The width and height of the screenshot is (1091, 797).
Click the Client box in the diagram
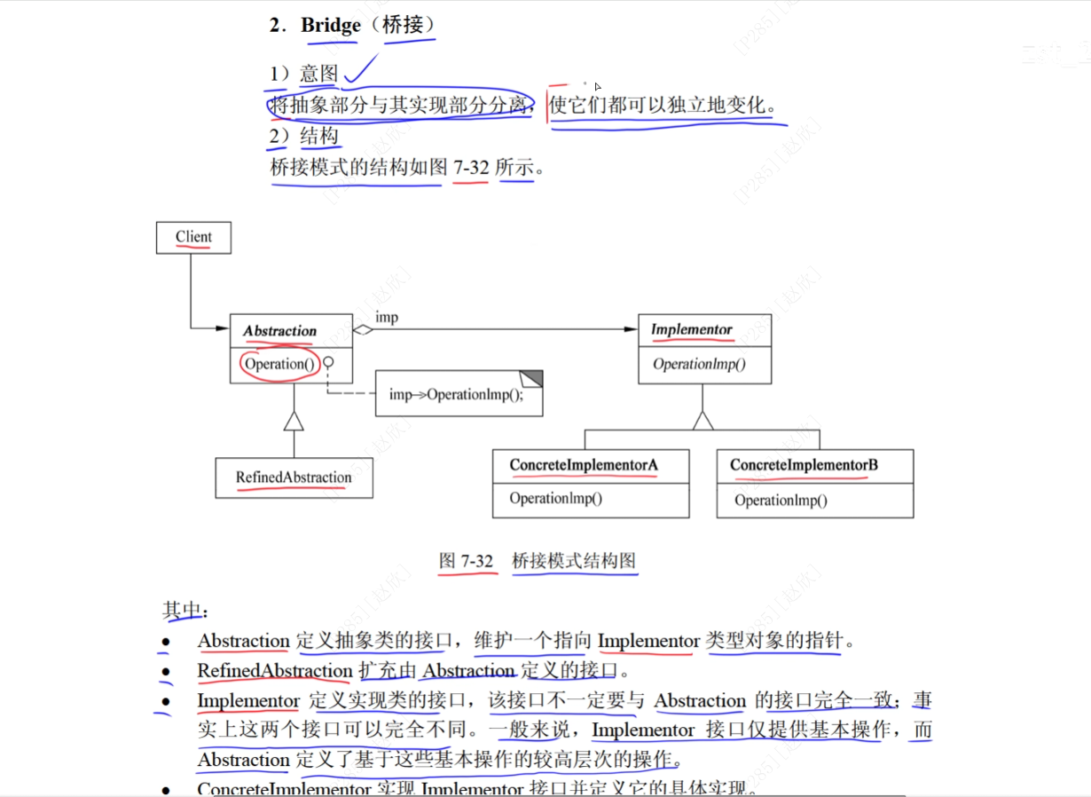(193, 237)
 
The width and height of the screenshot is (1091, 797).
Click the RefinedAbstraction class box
(294, 477)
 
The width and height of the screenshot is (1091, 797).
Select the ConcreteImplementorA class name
(583, 465)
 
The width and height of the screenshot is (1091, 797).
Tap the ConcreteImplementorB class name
(804, 465)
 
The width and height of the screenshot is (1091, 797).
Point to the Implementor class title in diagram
(692, 330)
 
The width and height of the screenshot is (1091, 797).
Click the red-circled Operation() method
(279, 364)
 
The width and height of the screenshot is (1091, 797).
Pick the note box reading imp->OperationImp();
(458, 394)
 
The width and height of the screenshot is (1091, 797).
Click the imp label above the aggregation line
(387, 317)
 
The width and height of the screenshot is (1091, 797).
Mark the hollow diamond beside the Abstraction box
(362, 330)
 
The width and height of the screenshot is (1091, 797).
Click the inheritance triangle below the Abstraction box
(294, 422)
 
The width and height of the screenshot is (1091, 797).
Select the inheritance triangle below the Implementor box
(702, 420)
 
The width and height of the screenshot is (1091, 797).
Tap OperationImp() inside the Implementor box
(700, 364)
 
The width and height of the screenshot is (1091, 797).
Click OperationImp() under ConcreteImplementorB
(781, 501)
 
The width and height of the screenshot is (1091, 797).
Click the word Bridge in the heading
(331, 25)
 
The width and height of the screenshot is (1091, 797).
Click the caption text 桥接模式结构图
(574, 561)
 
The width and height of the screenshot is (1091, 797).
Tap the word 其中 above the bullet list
(182, 610)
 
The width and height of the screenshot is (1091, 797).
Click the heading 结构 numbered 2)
(319, 137)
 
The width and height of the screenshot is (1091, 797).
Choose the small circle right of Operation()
(328, 362)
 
